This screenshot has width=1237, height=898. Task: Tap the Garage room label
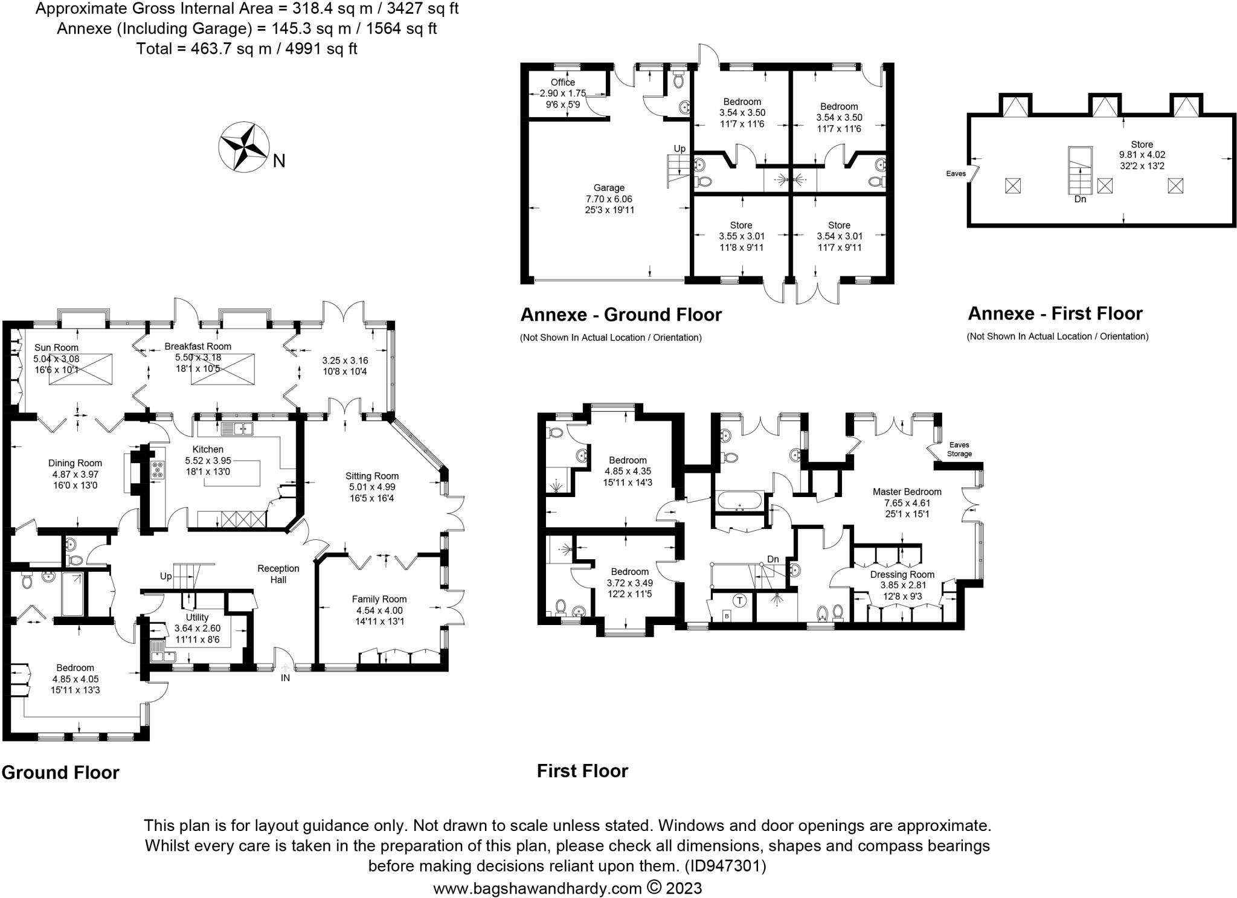pos(609,188)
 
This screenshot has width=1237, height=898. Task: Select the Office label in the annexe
pos(563,82)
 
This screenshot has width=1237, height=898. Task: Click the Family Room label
pos(379,599)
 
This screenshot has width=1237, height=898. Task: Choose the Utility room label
pos(197,617)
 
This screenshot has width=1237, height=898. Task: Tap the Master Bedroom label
pos(907,492)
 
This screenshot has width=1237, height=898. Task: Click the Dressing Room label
pos(902,574)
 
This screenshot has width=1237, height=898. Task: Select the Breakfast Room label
pos(198,347)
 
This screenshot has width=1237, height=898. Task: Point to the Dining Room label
pos(76,463)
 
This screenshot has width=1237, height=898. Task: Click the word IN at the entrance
pos(285,678)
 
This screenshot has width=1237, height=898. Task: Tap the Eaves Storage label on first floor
pos(959,449)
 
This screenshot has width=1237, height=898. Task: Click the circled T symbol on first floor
pos(739,600)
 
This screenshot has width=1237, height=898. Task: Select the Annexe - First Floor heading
pos(1055,313)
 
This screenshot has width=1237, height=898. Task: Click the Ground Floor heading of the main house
pos(60,772)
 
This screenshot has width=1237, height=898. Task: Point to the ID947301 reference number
pos(725,866)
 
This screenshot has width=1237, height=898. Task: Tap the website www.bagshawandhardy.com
pos(538,888)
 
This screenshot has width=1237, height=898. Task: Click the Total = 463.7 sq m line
pos(247,48)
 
